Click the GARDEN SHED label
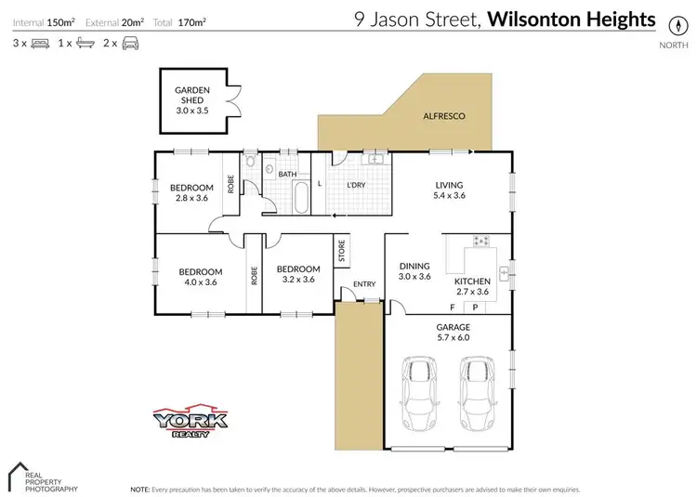tap(193, 98)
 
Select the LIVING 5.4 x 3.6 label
tap(449, 190)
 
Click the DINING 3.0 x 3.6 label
tap(414, 270)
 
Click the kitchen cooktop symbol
tap(481, 242)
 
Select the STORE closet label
tap(341, 251)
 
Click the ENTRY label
tap(362, 285)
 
